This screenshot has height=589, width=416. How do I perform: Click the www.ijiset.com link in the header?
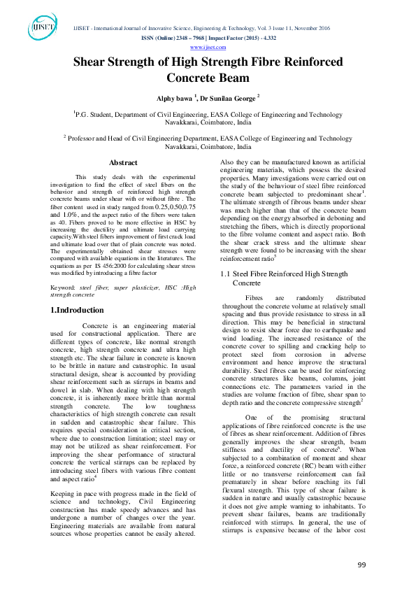click(x=208, y=47)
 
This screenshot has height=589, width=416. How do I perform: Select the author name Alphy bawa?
click(x=173, y=99)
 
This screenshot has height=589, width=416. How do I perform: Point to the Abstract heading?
click(x=123, y=162)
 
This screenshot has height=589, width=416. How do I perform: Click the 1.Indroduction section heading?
click(x=77, y=310)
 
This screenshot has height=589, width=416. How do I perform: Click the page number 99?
click(x=361, y=565)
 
